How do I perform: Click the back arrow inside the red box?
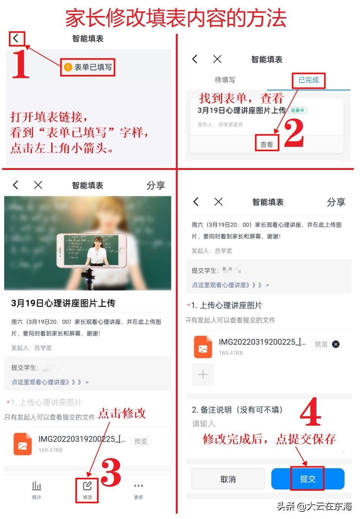pyautogui.click(x=16, y=38)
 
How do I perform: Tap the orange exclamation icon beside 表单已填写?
pyautogui.click(x=68, y=67)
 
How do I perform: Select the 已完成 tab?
pyautogui.click(x=308, y=80)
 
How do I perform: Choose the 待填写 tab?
pyautogui.click(x=225, y=80)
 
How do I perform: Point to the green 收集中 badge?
pyautogui.click(x=298, y=110)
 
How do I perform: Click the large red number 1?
pyautogui.click(x=21, y=64)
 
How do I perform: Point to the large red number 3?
pyautogui.click(x=111, y=472)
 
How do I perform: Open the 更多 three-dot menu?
pyautogui.click(x=139, y=486)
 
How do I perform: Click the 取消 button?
pyautogui.click(x=228, y=479)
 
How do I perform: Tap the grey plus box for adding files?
pyautogui.click(x=203, y=374)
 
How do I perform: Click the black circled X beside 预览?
pyautogui.click(x=336, y=344)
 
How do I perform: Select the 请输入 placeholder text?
pyautogui.click(x=204, y=424)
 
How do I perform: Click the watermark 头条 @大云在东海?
pyautogui.click(x=314, y=506)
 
